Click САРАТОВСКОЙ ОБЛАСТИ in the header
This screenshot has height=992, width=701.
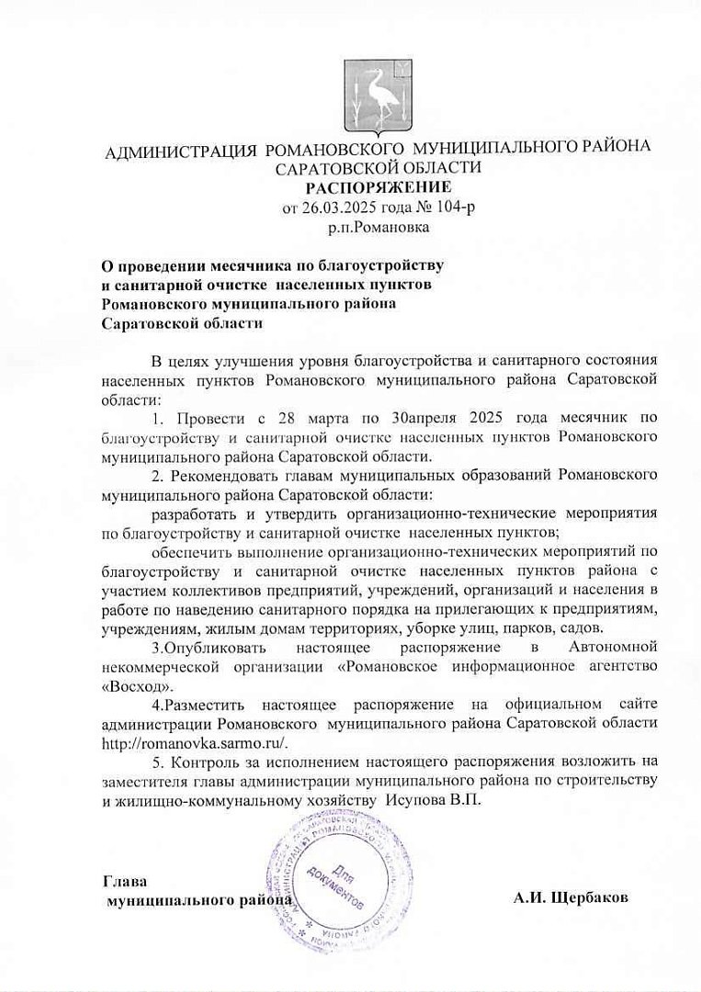(x=378, y=168)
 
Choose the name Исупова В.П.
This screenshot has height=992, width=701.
(x=430, y=799)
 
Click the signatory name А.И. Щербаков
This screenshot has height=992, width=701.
(x=571, y=898)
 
